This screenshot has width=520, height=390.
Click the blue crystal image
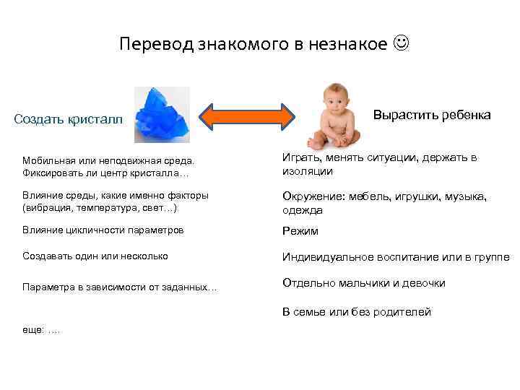point(162,115)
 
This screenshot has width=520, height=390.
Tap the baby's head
point(333,96)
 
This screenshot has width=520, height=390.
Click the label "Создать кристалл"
point(69,119)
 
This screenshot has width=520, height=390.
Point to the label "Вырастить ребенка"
point(432,115)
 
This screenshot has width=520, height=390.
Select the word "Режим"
point(300,231)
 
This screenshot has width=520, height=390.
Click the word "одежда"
point(303,210)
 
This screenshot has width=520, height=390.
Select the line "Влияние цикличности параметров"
point(103,230)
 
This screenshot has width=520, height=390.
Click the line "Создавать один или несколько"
point(95,256)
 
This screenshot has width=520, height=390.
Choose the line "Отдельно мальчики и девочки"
point(364,283)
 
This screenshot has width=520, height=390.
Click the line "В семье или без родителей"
point(357,312)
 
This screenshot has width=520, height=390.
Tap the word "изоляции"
point(308,171)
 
